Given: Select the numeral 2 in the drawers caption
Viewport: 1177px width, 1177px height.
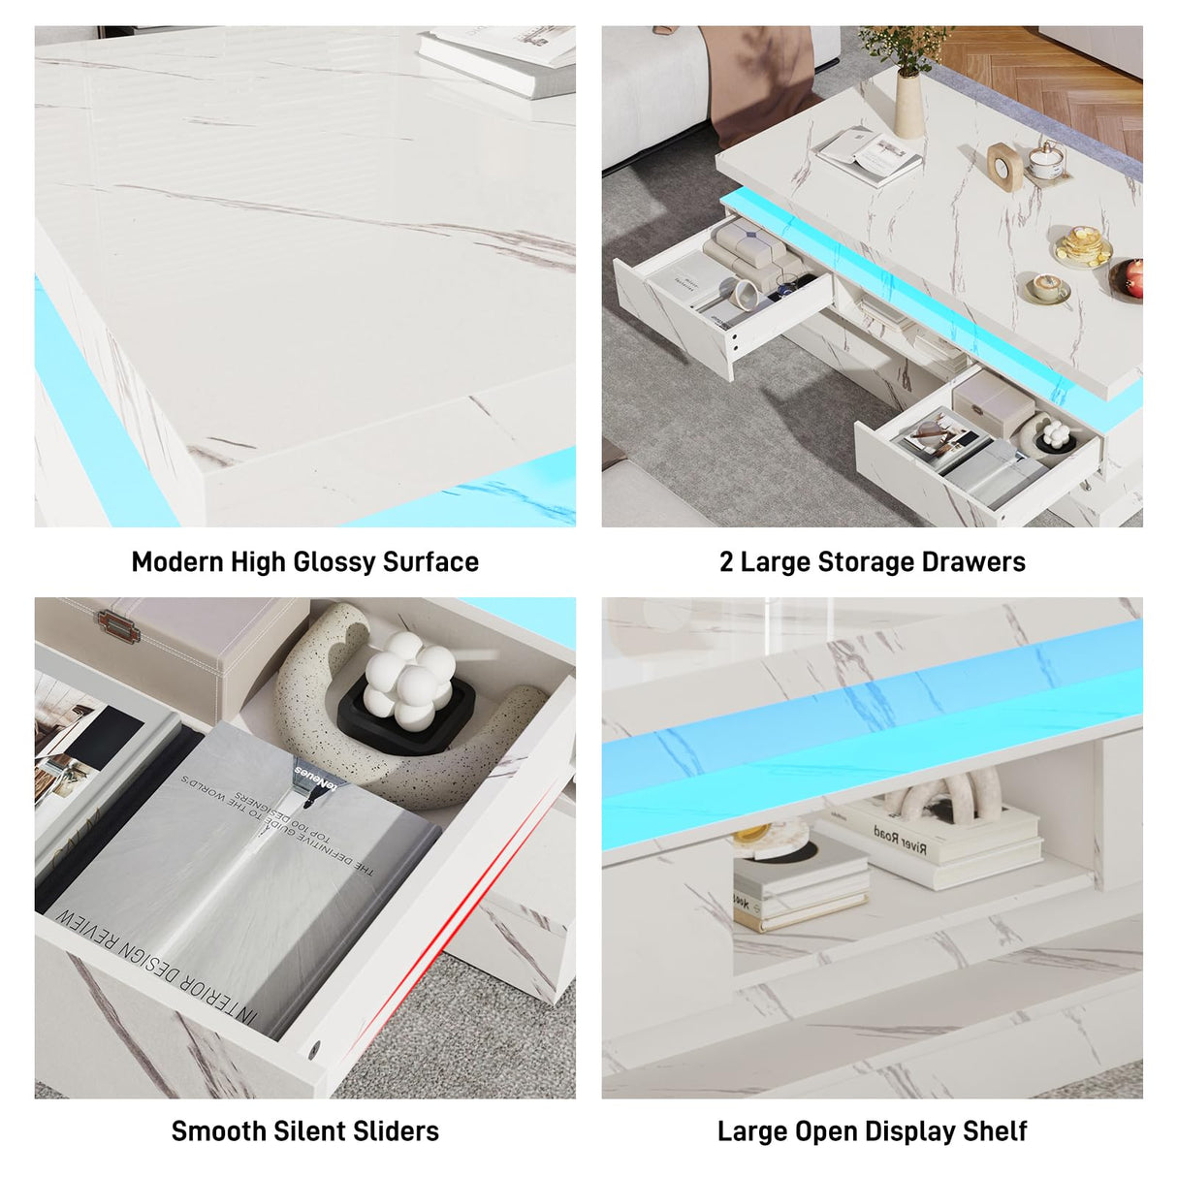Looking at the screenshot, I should [726, 562].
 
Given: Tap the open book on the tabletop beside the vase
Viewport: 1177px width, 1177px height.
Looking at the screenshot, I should [869, 155].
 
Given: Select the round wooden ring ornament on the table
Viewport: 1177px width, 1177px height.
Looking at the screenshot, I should [1004, 164].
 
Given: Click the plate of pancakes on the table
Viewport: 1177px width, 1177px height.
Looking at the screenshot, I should [1082, 246].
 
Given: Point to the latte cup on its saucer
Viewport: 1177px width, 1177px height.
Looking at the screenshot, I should [1048, 287].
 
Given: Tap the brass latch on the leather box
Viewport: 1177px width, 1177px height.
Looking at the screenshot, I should [117, 628].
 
